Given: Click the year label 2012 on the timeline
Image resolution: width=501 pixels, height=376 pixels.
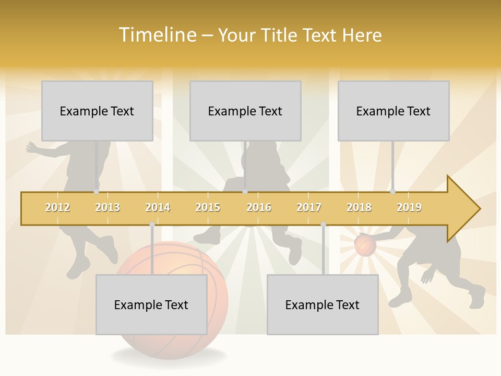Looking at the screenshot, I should click(x=57, y=207).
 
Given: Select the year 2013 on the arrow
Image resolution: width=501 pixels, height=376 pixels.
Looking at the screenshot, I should click(x=108, y=207).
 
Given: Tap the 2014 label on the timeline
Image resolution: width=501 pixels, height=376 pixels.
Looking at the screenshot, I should click(x=158, y=207).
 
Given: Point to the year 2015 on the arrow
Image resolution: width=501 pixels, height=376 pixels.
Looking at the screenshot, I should click(x=208, y=207).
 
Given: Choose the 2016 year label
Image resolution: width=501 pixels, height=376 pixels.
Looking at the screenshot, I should click(x=259, y=207).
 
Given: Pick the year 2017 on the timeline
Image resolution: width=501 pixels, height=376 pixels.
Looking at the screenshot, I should click(x=309, y=207).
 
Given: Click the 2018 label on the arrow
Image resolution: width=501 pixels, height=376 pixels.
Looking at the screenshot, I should click(x=359, y=207).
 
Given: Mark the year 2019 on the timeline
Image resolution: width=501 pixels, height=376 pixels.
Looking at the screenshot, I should click(x=409, y=207).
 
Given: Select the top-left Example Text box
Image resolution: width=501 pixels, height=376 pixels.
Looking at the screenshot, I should click(x=97, y=111).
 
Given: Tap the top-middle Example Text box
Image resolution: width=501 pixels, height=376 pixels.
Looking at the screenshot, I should click(x=245, y=111).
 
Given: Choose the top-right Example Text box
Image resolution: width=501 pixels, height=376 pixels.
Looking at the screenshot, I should click(x=393, y=111).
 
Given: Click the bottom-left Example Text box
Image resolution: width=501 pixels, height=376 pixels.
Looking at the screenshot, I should click(x=151, y=304).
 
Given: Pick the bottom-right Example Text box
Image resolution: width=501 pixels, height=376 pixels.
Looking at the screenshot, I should click(x=323, y=304).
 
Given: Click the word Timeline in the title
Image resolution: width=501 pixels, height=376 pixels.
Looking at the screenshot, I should click(x=157, y=35).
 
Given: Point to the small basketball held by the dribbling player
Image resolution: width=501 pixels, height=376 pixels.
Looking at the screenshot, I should click(x=365, y=245).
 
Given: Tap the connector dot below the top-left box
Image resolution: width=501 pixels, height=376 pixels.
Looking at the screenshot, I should click(x=96, y=191).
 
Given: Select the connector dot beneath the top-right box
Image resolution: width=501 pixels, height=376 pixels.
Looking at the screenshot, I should click(x=392, y=191).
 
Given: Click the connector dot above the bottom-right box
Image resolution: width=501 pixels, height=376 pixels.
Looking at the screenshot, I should click(x=323, y=225).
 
